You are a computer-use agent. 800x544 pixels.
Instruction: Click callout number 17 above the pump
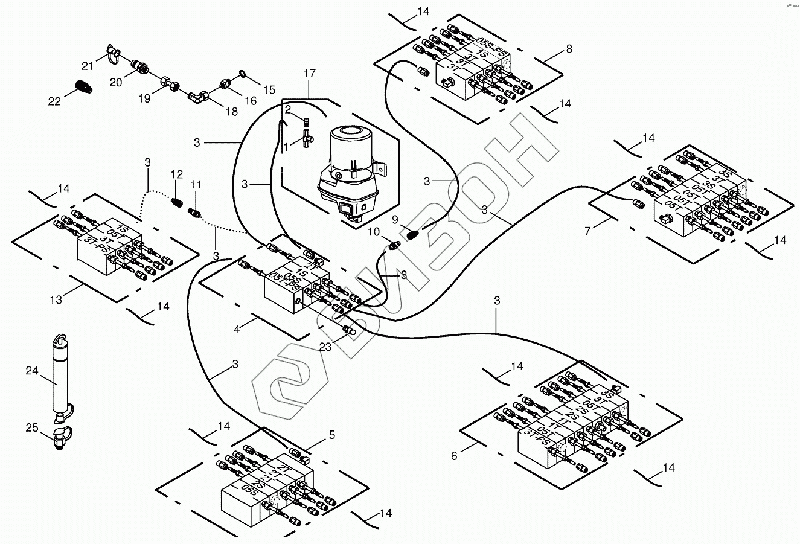point(309,74)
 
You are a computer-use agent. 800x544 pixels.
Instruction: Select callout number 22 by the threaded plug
point(55,101)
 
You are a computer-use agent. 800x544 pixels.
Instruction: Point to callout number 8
point(569,48)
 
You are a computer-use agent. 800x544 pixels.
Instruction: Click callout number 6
point(455,456)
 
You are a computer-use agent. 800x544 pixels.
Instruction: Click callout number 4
point(237,330)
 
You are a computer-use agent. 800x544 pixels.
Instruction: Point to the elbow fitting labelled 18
point(198,96)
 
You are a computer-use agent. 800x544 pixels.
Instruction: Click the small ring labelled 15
point(243,74)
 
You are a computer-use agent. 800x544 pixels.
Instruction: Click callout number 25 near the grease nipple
point(31,428)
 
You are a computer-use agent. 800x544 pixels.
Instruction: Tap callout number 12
point(177,174)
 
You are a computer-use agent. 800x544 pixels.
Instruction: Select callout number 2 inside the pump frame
point(288,109)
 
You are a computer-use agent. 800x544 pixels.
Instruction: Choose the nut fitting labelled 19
point(168,83)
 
